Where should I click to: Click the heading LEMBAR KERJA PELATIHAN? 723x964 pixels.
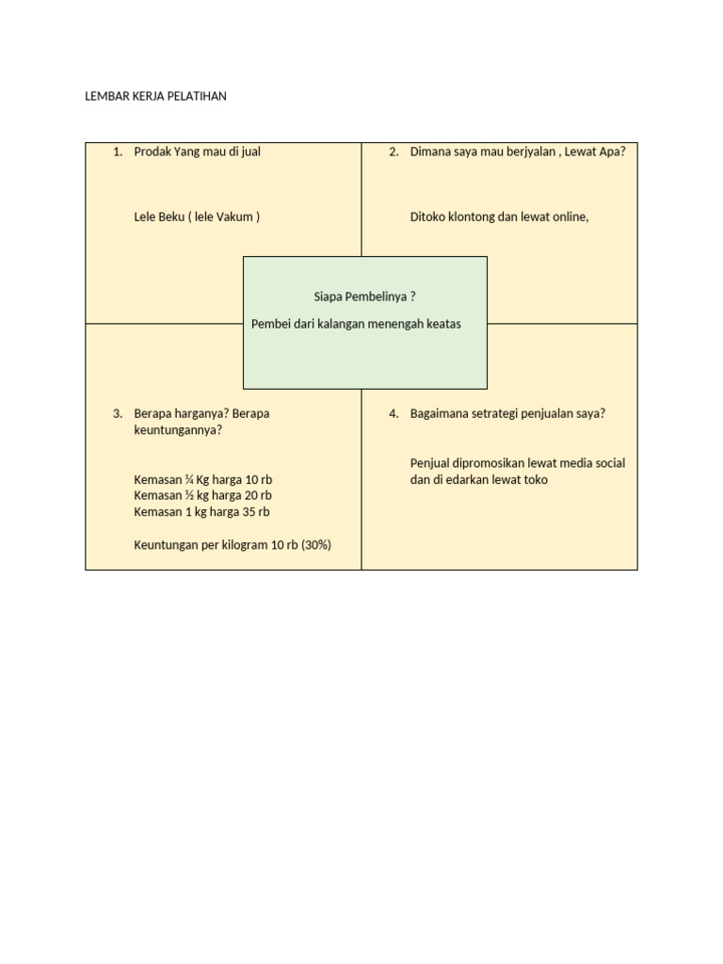click(155, 96)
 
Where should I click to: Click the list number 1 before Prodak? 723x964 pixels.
click(117, 152)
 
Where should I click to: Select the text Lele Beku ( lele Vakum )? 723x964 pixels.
click(197, 217)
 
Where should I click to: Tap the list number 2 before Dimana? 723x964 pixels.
click(394, 152)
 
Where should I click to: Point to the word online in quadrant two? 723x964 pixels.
click(569, 217)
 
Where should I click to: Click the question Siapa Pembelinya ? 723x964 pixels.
click(364, 297)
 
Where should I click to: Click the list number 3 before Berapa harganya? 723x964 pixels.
click(117, 413)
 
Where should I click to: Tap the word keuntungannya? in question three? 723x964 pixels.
click(178, 430)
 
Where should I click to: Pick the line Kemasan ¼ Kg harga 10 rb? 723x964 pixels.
click(202, 479)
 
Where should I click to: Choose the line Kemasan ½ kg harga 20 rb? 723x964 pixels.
click(202, 495)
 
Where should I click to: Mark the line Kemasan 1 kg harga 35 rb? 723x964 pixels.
click(201, 512)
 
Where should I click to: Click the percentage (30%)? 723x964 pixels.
click(315, 544)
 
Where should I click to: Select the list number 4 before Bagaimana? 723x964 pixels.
click(394, 413)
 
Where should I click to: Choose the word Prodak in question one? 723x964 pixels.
click(153, 152)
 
